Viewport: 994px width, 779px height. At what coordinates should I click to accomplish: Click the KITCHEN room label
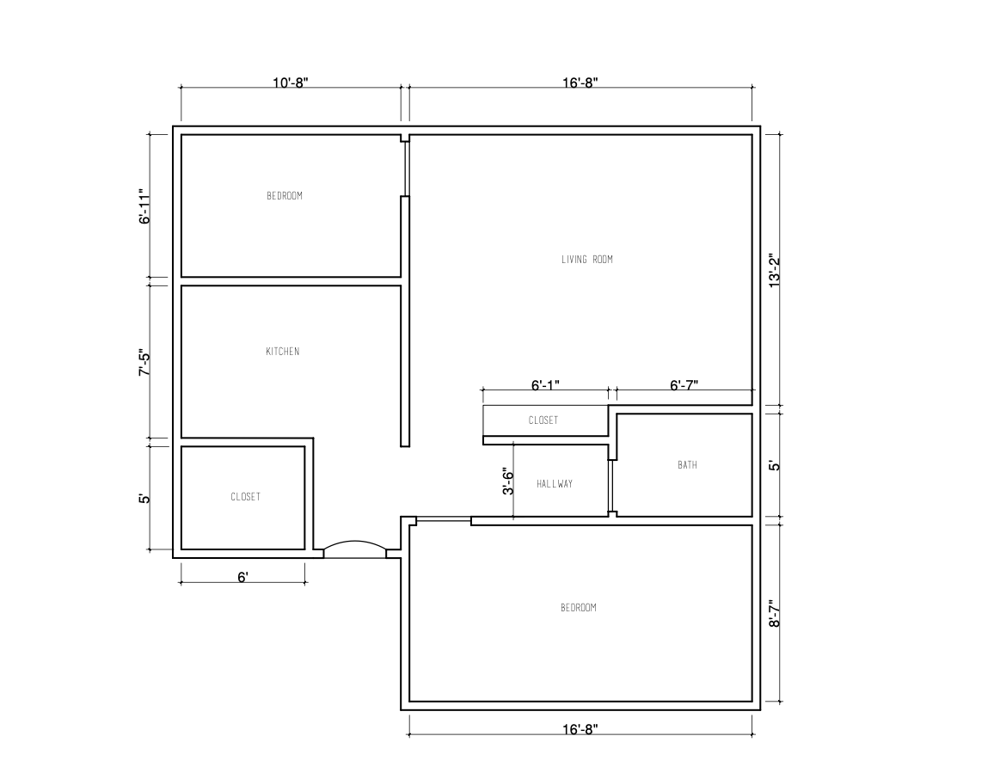[283, 352]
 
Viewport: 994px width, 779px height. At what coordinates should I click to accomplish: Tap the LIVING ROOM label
[586, 260]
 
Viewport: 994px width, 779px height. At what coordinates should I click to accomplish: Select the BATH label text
[687, 465]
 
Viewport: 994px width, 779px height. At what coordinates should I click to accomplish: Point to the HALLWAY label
[555, 484]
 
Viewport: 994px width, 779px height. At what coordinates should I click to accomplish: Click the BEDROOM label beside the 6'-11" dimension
[285, 196]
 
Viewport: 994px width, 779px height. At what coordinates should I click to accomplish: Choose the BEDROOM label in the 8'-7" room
[578, 608]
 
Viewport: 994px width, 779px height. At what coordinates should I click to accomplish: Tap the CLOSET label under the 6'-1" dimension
[543, 420]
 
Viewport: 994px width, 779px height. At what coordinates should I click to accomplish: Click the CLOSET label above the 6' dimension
[245, 497]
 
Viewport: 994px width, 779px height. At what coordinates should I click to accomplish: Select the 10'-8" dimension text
[291, 83]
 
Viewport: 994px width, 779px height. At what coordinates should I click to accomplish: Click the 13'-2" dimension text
[775, 270]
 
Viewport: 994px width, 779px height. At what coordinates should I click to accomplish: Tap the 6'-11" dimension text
[145, 207]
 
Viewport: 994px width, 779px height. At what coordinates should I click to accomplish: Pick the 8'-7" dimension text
[775, 614]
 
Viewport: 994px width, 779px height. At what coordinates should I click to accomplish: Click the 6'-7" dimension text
[684, 385]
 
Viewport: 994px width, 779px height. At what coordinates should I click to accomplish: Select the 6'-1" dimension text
[545, 385]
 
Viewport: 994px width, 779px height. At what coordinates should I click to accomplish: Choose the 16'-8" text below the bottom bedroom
[580, 729]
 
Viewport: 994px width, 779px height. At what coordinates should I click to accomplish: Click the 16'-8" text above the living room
[580, 83]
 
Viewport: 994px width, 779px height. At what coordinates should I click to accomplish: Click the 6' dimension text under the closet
[243, 577]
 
